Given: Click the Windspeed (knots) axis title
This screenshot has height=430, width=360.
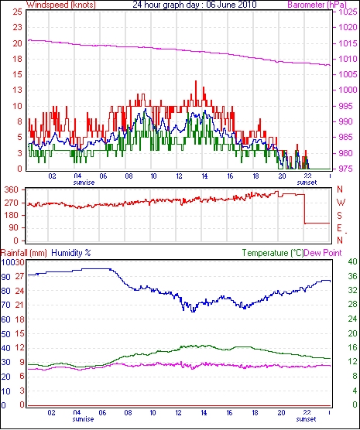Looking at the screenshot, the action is click(61, 5).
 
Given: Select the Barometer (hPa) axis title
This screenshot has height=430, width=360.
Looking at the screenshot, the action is click(317, 5).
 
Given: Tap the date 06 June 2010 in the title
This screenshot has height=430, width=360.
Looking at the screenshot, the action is click(231, 5).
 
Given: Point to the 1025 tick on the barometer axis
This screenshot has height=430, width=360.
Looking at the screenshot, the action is click(348, 12).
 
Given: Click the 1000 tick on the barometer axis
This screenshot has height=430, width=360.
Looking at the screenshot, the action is click(348, 90).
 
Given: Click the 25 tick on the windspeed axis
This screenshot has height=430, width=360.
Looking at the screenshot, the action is click(18, 12).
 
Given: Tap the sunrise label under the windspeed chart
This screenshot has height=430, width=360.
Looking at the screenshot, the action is click(84, 183).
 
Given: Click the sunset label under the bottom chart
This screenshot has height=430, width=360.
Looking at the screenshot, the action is click(306, 419).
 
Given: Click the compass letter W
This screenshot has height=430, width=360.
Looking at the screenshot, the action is click(341, 203).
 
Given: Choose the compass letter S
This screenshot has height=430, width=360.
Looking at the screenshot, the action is click(340, 216).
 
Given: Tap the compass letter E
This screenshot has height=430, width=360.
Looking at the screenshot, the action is click(340, 228).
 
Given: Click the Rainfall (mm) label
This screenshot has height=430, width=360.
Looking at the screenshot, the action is click(24, 253).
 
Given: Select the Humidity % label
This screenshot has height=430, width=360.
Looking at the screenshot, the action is click(71, 253).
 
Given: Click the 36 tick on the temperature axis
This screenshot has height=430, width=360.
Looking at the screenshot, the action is click(352, 276).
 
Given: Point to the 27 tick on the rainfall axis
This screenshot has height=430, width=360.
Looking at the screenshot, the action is click(19, 276).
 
